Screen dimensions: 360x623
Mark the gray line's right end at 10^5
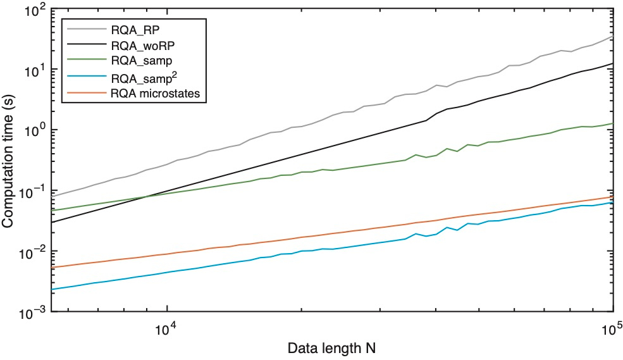point(613,37)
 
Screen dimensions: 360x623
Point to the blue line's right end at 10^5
point(613,202)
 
